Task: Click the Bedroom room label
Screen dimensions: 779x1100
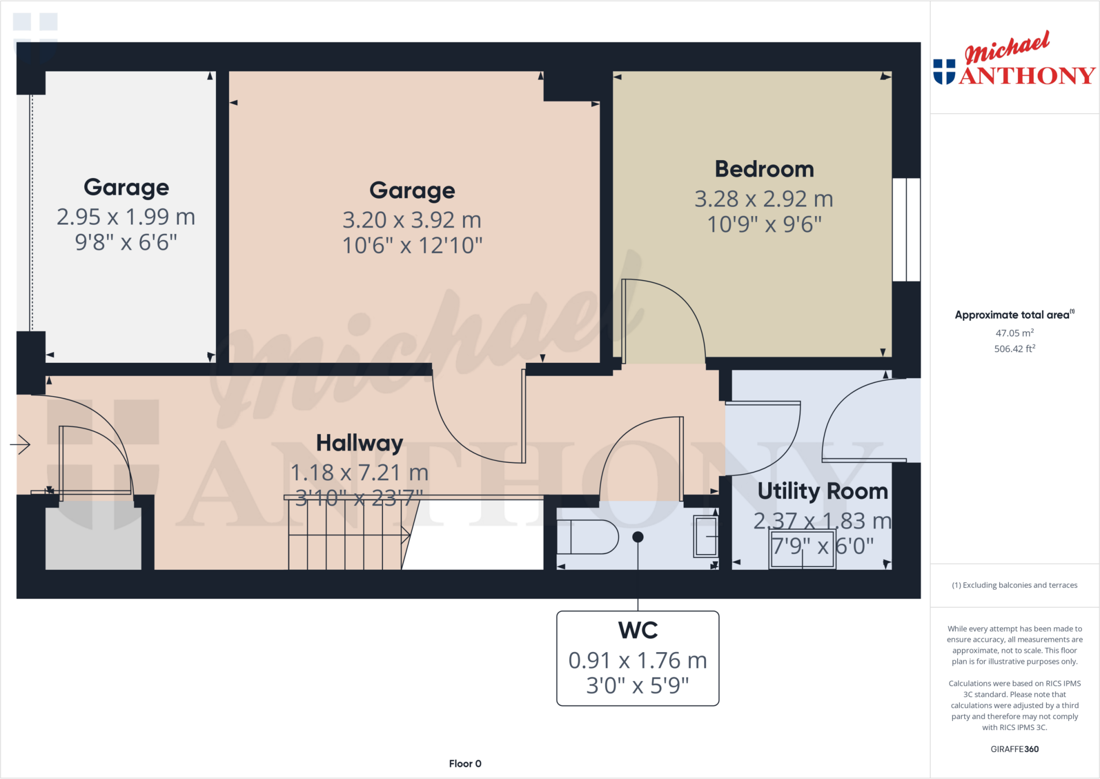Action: [x=764, y=169]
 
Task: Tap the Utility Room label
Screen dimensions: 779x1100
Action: [x=822, y=491]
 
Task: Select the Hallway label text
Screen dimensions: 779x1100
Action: [x=359, y=444]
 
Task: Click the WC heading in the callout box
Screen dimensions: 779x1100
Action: [x=638, y=630]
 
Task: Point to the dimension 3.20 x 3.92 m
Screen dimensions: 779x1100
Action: [x=412, y=220]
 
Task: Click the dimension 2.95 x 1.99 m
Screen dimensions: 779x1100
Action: [x=126, y=217]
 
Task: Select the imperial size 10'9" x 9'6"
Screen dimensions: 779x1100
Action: [x=764, y=225]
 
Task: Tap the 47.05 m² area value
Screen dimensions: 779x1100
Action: [x=1014, y=333]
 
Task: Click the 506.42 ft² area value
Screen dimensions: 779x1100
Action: [x=1014, y=349]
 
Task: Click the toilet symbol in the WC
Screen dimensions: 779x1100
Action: [x=588, y=537]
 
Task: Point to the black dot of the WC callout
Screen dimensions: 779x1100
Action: [x=638, y=537]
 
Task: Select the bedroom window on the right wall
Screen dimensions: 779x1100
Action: [x=906, y=230]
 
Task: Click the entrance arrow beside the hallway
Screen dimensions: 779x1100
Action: [x=20, y=444]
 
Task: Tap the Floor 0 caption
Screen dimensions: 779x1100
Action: [x=465, y=763]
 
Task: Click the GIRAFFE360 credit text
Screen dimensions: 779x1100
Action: [x=1014, y=749]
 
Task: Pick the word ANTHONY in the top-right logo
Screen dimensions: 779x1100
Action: [x=1027, y=76]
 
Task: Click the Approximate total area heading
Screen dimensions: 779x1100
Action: [x=1013, y=315]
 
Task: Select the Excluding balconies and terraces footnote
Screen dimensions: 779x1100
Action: [x=1014, y=585]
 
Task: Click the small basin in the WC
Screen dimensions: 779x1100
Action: [x=706, y=536]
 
